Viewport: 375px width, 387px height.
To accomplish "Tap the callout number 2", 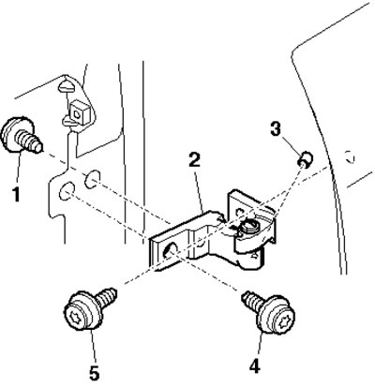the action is (194, 160).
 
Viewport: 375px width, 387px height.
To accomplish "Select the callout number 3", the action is (275, 128).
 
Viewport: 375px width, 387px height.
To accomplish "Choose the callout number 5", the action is (94, 372).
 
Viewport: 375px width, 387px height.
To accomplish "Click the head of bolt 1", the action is (15, 134).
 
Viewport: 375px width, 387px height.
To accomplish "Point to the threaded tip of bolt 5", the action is (108, 297).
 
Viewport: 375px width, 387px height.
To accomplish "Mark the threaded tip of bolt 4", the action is (254, 303).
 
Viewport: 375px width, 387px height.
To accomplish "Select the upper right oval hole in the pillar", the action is (93, 179).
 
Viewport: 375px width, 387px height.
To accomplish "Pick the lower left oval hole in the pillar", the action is (67, 190).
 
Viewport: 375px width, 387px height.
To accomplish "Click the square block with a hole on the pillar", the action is (79, 112).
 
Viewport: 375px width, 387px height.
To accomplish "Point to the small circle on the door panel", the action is (349, 156).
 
